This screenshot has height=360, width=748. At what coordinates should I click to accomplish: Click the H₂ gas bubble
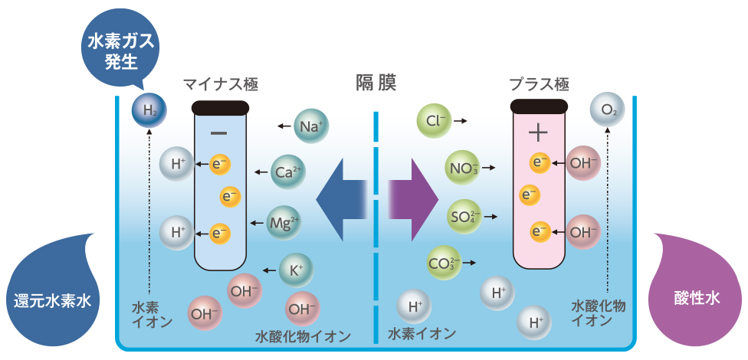[x=149, y=112]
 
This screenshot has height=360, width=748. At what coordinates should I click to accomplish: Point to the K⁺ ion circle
[x=297, y=270]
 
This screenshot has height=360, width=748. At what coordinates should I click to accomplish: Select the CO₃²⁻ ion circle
[x=445, y=263]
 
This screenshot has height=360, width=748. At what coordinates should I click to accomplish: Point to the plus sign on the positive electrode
[x=539, y=133]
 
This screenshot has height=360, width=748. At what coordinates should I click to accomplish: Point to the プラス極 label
[x=539, y=84]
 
